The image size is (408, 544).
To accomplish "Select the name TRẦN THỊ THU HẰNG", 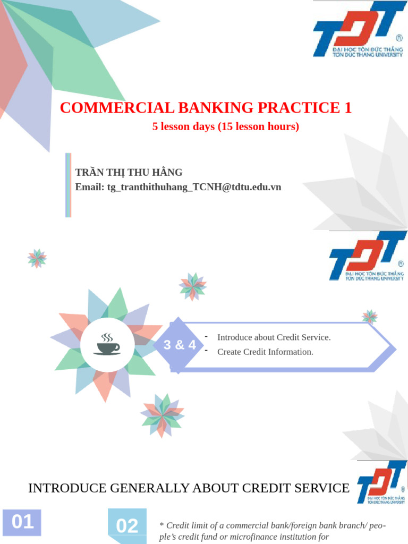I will point(129,172).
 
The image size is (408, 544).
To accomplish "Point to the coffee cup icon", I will point(107,344).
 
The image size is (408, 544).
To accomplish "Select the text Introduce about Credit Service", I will point(274,337).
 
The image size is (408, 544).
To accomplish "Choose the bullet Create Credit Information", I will point(265,352).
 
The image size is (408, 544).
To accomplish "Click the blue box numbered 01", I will point(22,522).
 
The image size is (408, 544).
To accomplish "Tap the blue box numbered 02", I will point(127,525).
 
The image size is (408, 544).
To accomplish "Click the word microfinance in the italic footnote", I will point(248,537).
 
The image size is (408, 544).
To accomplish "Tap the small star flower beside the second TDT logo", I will point(370,317).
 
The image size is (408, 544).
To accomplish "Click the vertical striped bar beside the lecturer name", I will point(68,185).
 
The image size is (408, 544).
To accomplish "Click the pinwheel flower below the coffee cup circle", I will point(162,415).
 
